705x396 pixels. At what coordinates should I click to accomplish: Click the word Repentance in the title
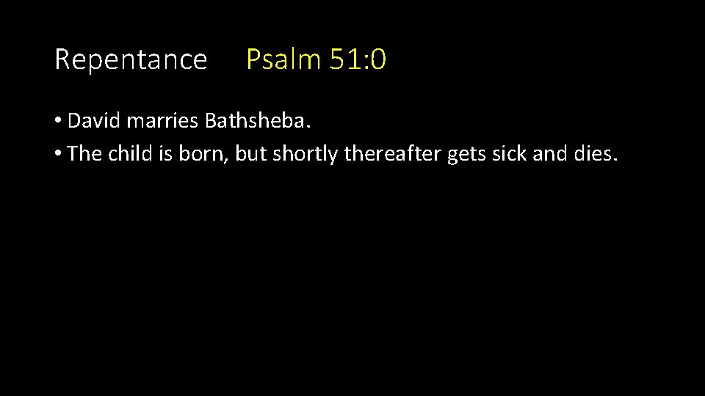click(x=131, y=59)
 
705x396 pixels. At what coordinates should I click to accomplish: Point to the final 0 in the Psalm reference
click(x=378, y=59)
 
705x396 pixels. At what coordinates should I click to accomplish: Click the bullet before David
click(x=58, y=121)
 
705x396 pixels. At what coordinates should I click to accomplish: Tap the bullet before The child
click(x=58, y=155)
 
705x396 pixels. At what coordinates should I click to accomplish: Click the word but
click(x=250, y=154)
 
